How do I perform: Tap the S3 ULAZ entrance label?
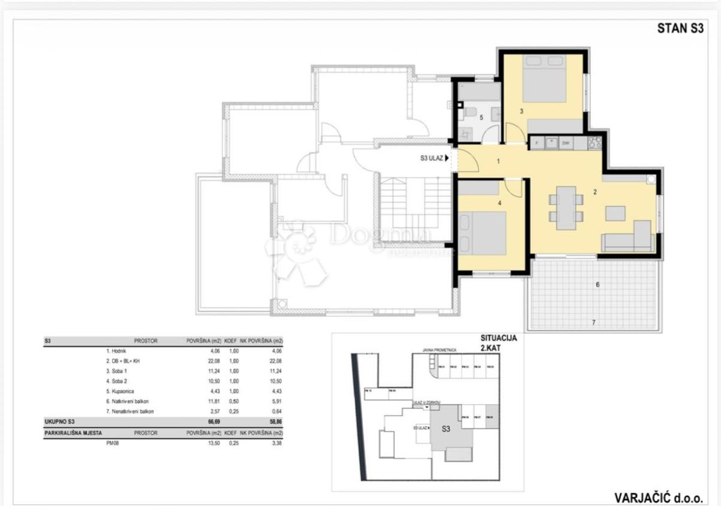[x=431, y=159]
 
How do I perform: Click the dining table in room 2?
[x=566, y=208]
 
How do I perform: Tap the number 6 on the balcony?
[x=597, y=284]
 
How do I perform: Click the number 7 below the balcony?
[x=594, y=323]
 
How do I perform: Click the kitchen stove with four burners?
[x=594, y=143]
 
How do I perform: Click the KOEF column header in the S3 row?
[x=232, y=341]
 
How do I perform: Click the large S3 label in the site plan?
[x=446, y=429]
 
